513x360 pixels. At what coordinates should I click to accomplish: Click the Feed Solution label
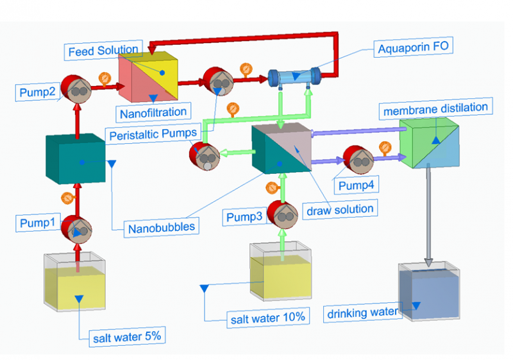click(103, 49)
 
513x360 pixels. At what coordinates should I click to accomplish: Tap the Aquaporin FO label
click(410, 48)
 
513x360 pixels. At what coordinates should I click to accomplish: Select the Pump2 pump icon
click(77, 90)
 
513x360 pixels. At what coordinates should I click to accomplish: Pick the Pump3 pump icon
click(280, 214)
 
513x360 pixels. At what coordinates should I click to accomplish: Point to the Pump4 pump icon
click(358, 160)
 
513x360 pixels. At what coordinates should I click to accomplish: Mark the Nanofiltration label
click(153, 113)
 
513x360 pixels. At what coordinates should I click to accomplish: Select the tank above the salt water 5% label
click(75, 282)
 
